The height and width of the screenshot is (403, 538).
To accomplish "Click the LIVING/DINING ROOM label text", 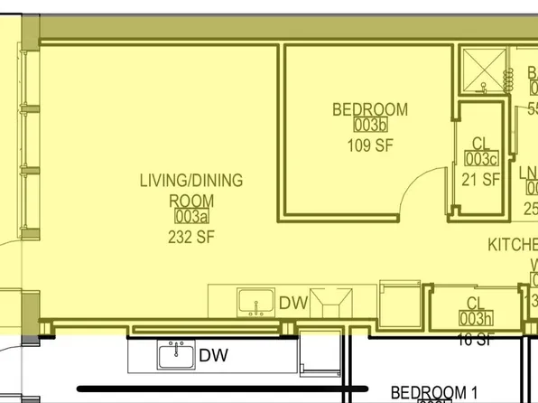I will point(190,190).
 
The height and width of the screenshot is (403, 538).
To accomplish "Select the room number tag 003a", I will point(190,218).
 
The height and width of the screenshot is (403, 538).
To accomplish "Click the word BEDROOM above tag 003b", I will point(370,109).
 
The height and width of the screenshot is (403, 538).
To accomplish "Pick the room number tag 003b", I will point(370,127).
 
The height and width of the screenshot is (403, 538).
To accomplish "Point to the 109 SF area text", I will point(370,145).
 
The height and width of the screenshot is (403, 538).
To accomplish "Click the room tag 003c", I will point(481,160).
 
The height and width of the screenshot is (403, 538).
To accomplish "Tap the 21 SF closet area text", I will point(481,179).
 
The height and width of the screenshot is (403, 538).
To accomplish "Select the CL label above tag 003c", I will point(481,143).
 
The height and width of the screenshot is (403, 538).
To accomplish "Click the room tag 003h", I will point(475,319).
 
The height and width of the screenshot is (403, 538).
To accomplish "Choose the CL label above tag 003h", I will point(476,304).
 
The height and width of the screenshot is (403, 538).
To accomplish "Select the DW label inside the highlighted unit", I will point(294,304).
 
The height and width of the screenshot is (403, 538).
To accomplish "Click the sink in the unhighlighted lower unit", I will point(178,355).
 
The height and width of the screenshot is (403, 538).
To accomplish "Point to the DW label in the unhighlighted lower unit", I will point(213,356).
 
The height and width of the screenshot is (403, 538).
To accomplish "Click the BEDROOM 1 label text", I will point(433,393).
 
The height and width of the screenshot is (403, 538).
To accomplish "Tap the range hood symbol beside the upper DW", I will point(331,302).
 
